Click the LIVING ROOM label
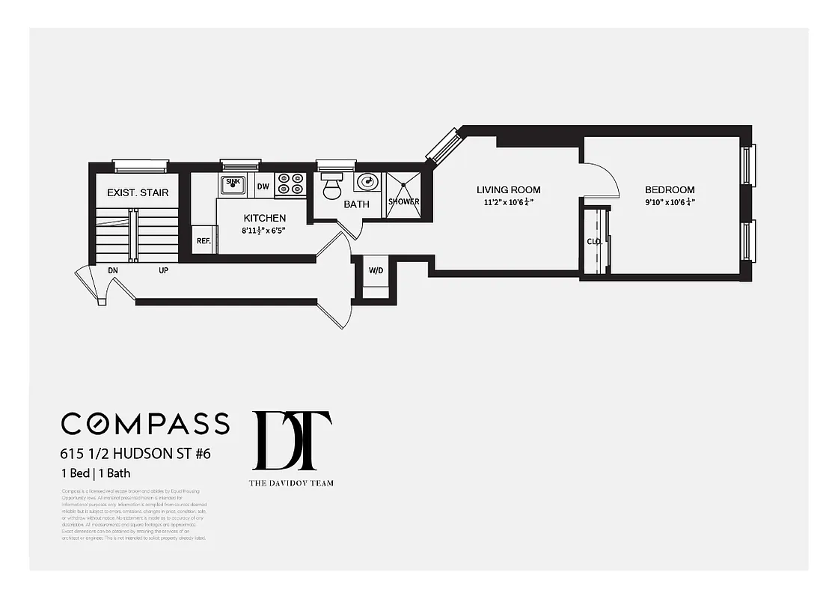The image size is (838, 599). pos(508,190)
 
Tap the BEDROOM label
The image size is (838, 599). pos(670,190)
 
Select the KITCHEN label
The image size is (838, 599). pos(264,218)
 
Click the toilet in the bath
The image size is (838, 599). pos(331,187)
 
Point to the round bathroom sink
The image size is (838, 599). pos(367,182)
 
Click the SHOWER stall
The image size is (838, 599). pos(403,193)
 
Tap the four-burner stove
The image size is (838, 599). pos(290,183)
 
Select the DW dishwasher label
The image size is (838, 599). pos(263,186)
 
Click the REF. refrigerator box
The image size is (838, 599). pos(204,240)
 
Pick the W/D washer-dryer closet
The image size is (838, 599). pos(375,271)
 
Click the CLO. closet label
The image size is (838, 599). pos(594,242)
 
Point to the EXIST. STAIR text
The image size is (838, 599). pos(138,192)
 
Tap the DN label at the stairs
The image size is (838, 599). pos(113,270)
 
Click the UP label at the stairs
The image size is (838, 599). pos(163,270)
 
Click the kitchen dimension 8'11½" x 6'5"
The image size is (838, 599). pos(264,230)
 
